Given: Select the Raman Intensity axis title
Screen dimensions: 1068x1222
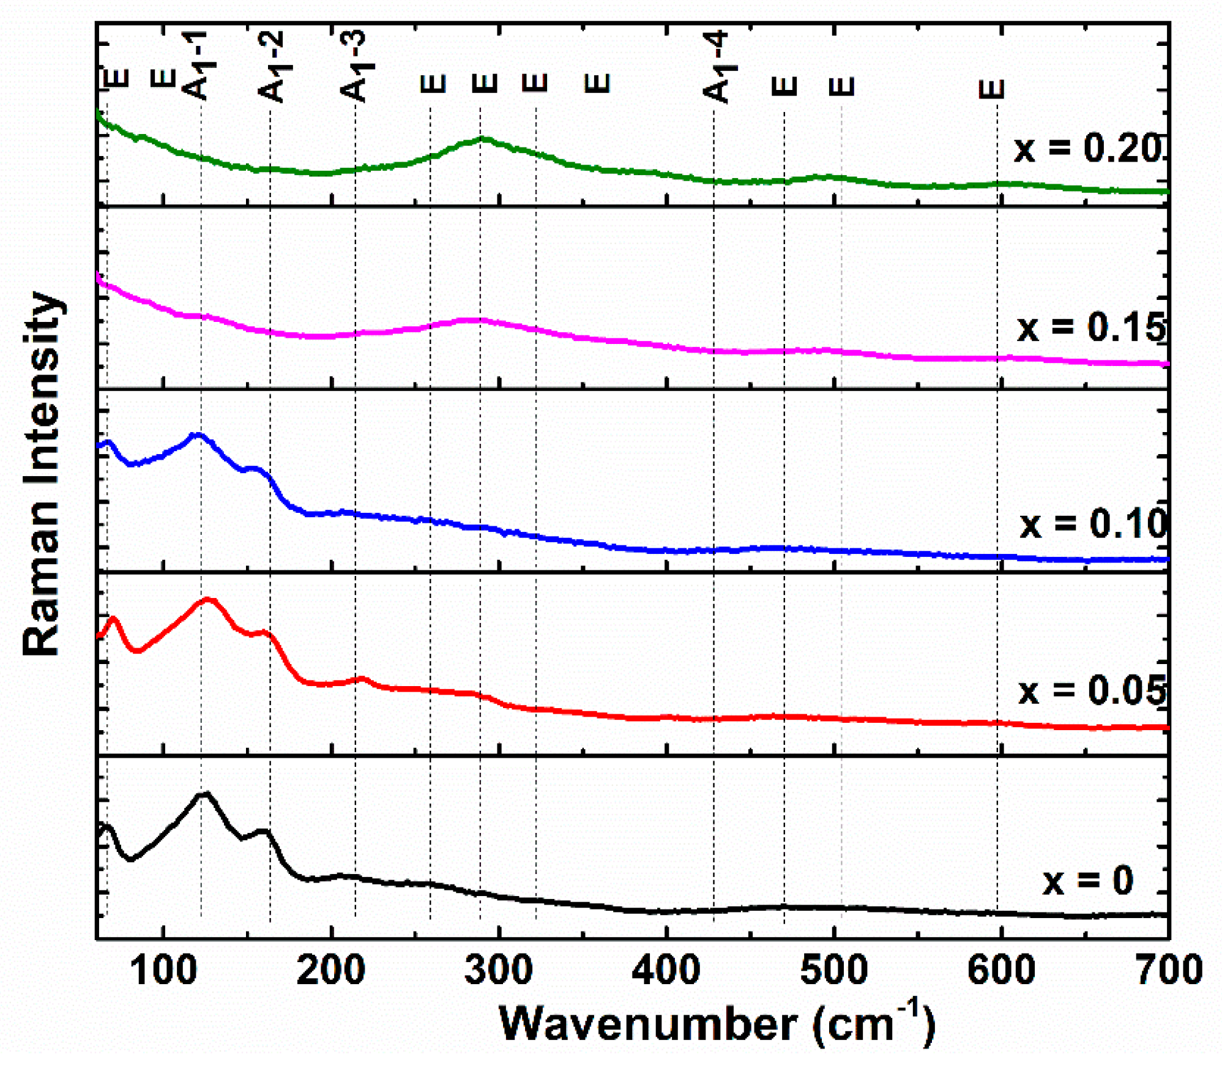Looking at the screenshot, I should point(42,474).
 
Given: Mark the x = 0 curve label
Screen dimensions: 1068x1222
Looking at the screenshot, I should point(1088,881).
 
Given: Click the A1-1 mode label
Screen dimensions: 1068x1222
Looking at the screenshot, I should point(199,66).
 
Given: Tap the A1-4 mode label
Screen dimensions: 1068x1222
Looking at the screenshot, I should point(716,67).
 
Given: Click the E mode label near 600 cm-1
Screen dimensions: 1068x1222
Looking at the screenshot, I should point(992,89).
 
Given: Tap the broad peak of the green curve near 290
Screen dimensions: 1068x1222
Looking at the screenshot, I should point(483,139).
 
